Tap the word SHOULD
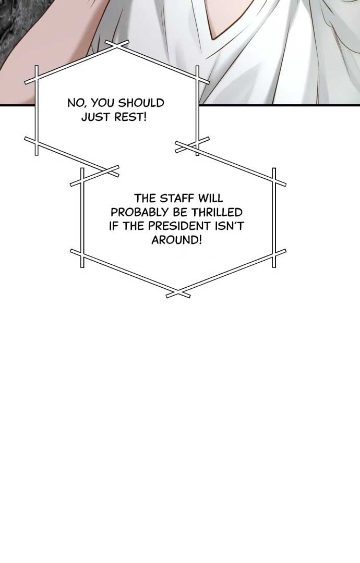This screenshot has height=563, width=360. coord(141,103)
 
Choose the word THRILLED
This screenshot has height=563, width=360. coord(217,212)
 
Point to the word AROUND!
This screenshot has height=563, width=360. coord(177,240)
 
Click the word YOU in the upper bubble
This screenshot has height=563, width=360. coord(102,103)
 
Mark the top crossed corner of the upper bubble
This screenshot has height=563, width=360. coord(117,45)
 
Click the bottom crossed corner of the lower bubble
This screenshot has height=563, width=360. coord(178,293)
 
